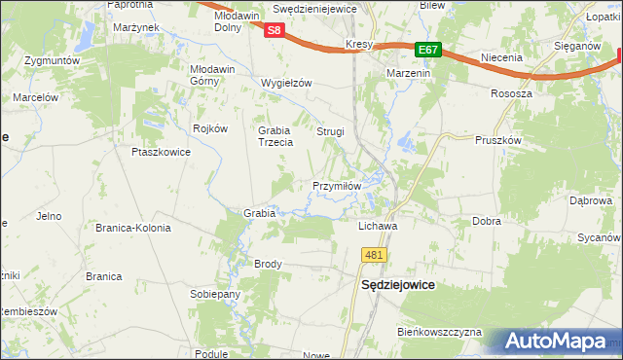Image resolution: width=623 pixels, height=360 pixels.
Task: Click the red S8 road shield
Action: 275,30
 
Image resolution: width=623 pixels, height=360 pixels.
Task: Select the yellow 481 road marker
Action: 374,255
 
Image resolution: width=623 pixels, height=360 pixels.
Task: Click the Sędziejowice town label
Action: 397,286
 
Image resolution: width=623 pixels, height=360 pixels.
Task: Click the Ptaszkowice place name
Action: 159,152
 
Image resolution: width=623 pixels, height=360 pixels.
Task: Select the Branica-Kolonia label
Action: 132,228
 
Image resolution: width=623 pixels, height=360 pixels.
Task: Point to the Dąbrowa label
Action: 590,200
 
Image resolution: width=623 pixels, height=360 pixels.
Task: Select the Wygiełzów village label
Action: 286,83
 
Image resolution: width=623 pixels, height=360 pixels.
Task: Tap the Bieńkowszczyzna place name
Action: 439,332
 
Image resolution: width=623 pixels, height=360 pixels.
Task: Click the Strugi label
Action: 330,130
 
